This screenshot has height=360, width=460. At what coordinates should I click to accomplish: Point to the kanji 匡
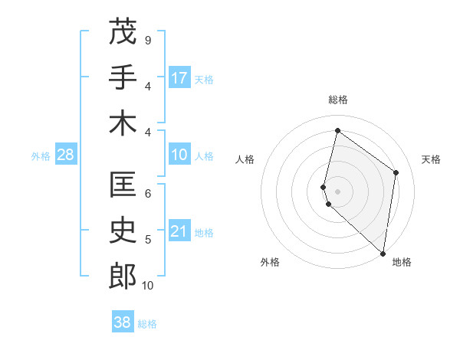(x=123, y=185)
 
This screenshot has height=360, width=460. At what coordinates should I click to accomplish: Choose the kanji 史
(x=123, y=231)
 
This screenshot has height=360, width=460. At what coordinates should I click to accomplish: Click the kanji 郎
(x=123, y=277)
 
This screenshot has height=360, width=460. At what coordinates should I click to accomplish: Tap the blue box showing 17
(x=179, y=78)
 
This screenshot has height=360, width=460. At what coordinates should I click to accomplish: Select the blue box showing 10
(x=179, y=155)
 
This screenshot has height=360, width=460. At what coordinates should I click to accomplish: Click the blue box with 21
(x=179, y=232)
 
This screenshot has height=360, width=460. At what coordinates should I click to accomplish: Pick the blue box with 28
(x=66, y=155)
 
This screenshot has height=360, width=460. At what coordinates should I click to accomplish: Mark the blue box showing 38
(x=123, y=322)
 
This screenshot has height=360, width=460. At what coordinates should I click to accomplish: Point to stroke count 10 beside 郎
(x=148, y=286)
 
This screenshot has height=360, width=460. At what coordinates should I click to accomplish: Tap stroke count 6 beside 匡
(x=148, y=194)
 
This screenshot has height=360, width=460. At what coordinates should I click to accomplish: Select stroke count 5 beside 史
(x=148, y=240)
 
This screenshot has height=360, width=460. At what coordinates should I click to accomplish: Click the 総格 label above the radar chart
(x=338, y=100)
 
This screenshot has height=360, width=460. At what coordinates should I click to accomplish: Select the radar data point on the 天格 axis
(x=396, y=172)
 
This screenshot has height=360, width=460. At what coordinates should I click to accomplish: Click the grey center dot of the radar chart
(x=338, y=191)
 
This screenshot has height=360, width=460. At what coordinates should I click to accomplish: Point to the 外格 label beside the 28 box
(x=41, y=156)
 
